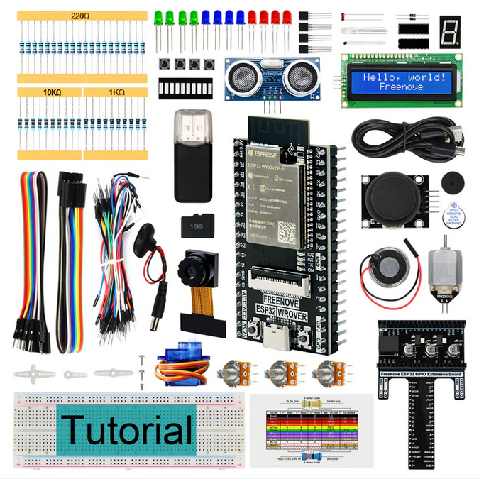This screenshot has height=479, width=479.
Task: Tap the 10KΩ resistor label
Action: coord(50,92)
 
